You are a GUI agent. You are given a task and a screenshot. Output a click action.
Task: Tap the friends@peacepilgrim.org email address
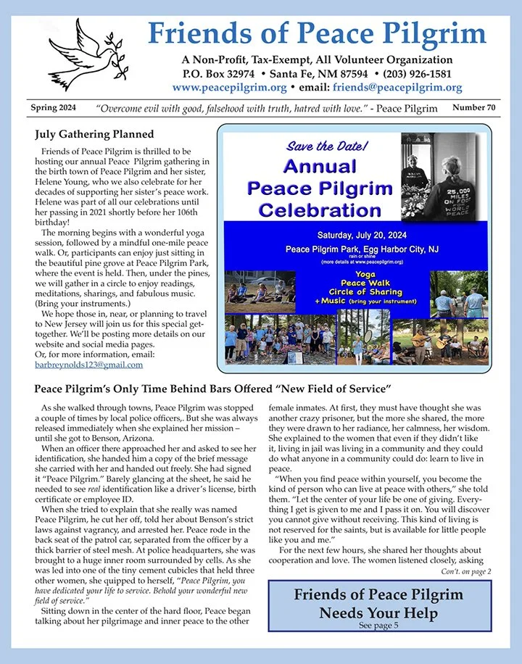pos(397,88)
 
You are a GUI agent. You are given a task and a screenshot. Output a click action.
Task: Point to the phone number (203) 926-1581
pos(415,74)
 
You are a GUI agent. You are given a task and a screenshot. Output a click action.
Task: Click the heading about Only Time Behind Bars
pos(212,389)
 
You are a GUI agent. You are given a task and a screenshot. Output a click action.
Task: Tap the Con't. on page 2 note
pos(465,572)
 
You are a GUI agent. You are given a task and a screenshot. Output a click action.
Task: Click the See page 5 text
pos(378,626)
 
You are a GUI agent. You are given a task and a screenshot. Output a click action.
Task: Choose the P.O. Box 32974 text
pos(217,74)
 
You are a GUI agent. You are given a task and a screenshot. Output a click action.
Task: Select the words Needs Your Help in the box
pos(378,613)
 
